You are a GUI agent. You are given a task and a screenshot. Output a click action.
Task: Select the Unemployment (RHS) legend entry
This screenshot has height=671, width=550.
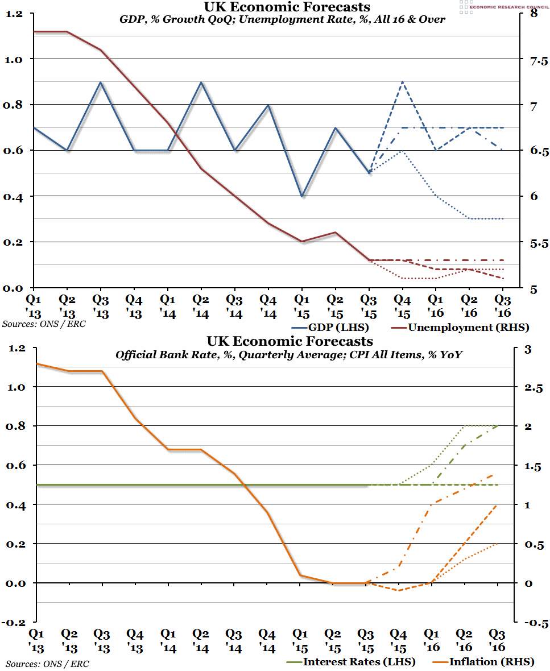461,328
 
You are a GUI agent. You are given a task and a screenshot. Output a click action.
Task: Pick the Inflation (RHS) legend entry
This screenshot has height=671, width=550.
485,662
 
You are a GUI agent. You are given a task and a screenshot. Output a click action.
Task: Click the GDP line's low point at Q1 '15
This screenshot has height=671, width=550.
302,196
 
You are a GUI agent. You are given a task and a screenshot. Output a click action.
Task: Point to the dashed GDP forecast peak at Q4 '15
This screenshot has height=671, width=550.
402,82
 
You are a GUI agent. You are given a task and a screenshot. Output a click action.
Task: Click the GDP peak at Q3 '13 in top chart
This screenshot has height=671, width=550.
101,82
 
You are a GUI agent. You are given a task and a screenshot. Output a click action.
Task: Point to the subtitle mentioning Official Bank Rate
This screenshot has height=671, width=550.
289,355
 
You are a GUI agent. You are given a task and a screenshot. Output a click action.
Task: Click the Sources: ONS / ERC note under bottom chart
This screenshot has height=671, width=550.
47,664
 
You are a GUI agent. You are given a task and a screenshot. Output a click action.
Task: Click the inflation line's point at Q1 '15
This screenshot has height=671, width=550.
302,575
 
